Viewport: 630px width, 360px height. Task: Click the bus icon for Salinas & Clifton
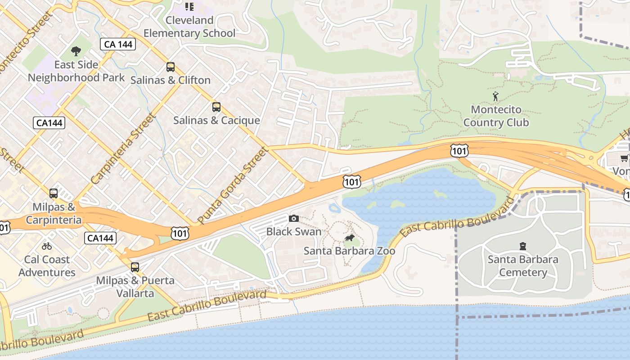coord(171,67)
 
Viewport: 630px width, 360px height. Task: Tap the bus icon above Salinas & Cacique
coord(216,107)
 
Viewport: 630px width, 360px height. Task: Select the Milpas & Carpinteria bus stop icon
coord(54,193)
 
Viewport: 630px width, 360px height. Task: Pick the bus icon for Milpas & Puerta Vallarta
coord(135,267)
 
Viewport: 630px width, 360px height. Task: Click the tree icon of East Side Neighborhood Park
coord(76,51)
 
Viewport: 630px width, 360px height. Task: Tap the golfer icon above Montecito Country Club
coord(496,96)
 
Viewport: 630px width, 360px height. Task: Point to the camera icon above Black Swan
coord(294,218)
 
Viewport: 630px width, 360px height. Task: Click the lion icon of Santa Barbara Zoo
coord(350,238)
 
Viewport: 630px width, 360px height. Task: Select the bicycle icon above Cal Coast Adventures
coord(47,246)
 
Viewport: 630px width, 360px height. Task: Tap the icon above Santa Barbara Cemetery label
coord(523,246)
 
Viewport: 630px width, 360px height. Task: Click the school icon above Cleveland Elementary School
coord(189,6)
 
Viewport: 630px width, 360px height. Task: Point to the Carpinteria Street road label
coord(123,149)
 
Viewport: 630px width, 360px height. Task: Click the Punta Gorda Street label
coord(232,185)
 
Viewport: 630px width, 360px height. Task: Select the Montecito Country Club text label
coord(496,116)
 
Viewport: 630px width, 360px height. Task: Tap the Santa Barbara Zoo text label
coord(350,251)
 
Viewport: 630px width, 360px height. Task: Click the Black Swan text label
coord(294,232)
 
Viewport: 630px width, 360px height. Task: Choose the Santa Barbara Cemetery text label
coord(523,266)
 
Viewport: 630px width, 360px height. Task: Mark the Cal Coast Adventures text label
coord(47,266)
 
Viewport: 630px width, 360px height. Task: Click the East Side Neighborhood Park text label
coord(76,71)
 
